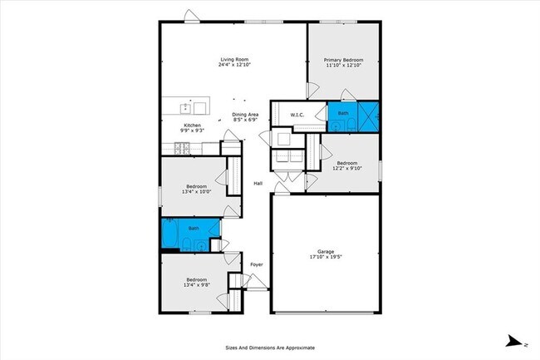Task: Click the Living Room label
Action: tap(234, 59)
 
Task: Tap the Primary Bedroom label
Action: tap(343, 60)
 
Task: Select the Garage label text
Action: tap(326, 251)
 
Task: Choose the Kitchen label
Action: tap(193, 126)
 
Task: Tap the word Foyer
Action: tap(257, 265)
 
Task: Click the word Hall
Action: tap(258, 184)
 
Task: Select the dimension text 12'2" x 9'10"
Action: tap(346, 168)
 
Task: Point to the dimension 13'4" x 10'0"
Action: tap(196, 191)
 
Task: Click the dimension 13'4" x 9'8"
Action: tap(196, 285)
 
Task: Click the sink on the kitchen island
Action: tap(200, 106)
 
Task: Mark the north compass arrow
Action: tap(516, 341)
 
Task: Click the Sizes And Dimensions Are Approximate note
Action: tap(269, 348)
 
